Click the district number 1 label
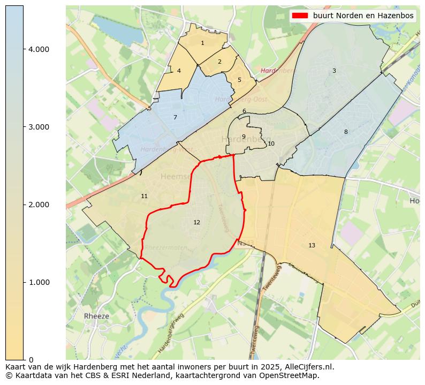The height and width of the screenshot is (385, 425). coord(202,43)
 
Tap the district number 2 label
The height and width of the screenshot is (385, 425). coord(219,62)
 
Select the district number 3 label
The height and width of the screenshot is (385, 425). coord(334,71)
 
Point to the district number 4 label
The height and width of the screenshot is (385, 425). coord(179,71)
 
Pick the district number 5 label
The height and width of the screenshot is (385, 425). coord(239,80)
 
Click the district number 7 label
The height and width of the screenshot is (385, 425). coord(175,117)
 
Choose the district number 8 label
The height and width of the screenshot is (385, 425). coord(346,132)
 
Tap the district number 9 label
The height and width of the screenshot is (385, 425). coord(244,137)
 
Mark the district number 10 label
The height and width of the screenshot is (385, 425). coord(271,144)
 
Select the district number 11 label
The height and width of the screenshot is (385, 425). coord(144,197)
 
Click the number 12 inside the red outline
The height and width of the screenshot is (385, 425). coord(197,222)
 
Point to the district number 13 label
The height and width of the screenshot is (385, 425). coord(312,245)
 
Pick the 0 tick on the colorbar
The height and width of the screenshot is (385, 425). coord(31,359)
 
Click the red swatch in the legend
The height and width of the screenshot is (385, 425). coord(300,16)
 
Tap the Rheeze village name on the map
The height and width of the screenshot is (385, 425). coord(96,316)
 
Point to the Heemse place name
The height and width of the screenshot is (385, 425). coord(175,176)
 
